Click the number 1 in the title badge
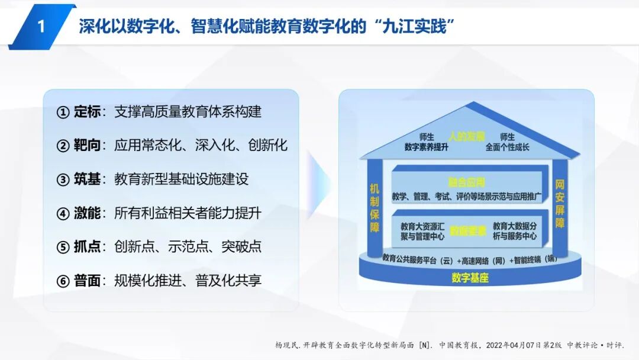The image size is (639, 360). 41,27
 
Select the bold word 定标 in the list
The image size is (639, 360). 86,111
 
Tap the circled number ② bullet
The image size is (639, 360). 63,146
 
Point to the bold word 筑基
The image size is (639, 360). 86,179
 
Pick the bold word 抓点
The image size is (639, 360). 86,247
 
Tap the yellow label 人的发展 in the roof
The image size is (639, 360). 466,136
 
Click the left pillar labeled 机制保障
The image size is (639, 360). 375,207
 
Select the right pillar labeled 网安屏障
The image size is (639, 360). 559,204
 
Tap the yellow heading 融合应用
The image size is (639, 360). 466,182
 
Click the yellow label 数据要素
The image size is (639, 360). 467,230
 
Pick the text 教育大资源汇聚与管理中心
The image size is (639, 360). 422,231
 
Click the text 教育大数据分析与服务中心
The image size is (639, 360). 514,231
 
